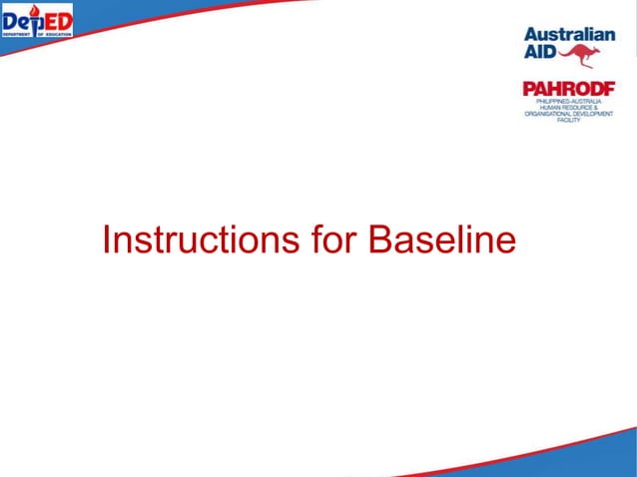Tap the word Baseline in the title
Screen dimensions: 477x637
(x=442, y=239)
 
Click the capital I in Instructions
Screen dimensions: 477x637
(x=107, y=239)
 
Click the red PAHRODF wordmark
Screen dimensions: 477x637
(x=569, y=89)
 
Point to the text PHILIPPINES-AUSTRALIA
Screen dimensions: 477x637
(x=569, y=102)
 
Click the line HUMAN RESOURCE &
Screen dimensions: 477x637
(x=569, y=108)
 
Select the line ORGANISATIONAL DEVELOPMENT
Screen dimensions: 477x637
(x=569, y=115)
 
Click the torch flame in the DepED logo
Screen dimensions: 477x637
(x=35, y=11)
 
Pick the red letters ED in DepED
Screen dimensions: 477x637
(x=56, y=20)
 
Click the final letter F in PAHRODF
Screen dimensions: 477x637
(x=608, y=89)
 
